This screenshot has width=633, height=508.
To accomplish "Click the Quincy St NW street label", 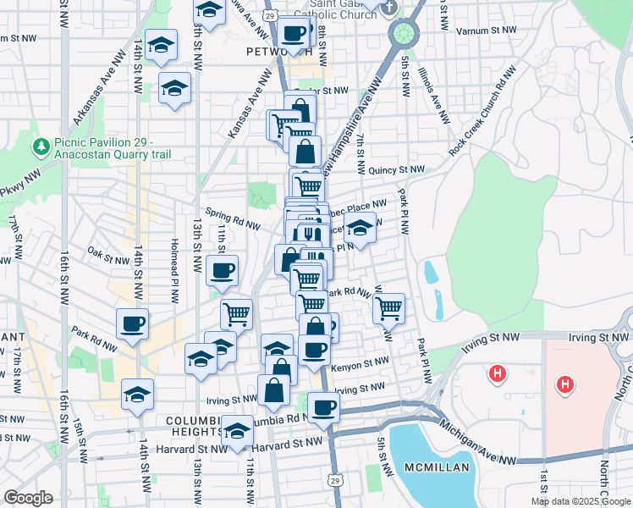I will coord(395,169).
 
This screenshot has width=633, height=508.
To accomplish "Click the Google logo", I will coord(28,498).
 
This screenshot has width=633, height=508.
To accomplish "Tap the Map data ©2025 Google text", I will coord(581,501).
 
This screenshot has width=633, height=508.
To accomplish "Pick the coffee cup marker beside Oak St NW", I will coord(222,271).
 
